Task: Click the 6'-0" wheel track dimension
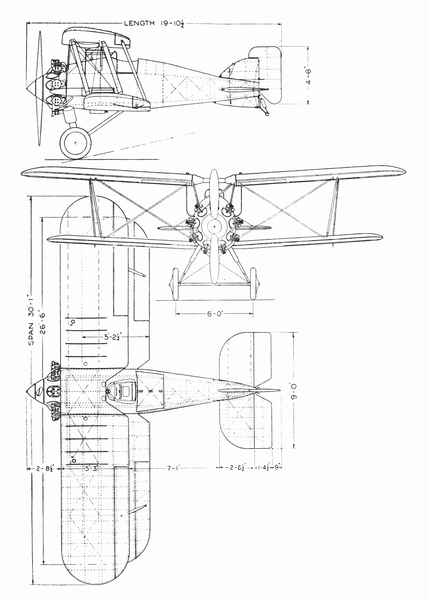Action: pyautogui.click(x=214, y=314)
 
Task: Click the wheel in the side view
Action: pyautogui.click(x=76, y=143)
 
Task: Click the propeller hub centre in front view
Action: pyautogui.click(x=214, y=226)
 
